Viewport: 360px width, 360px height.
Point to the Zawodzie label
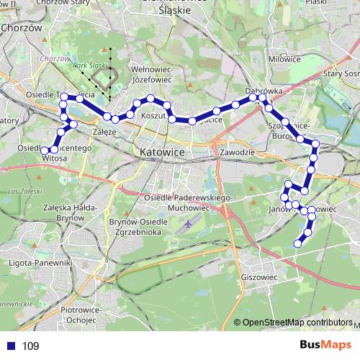point(238,153)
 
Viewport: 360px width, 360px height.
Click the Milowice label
point(283,59)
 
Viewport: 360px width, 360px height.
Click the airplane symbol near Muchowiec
point(188,225)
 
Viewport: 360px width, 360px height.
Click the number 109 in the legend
point(30,346)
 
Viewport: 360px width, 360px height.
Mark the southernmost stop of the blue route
point(298,244)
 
